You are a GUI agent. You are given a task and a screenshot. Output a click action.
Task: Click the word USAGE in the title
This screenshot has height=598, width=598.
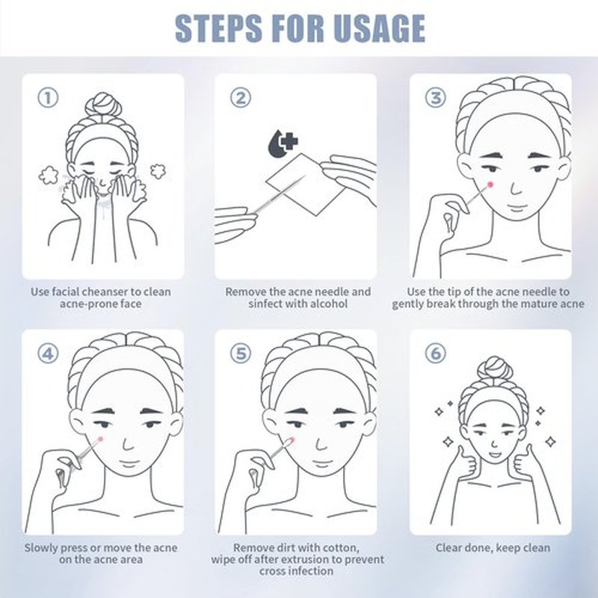[x=379, y=28]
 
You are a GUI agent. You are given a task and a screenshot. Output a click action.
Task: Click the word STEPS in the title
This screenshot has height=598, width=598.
[x=218, y=28]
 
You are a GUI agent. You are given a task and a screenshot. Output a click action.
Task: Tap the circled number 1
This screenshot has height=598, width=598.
[x=48, y=98]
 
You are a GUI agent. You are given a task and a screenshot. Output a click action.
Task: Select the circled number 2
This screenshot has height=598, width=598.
[x=241, y=98]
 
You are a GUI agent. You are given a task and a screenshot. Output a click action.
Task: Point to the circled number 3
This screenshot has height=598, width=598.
[x=436, y=98]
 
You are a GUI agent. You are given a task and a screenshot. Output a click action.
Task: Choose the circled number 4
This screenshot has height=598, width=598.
[x=48, y=354]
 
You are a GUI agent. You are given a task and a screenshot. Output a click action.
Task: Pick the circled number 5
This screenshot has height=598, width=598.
[x=241, y=354]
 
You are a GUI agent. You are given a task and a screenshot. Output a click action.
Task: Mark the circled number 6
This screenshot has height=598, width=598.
[x=436, y=354]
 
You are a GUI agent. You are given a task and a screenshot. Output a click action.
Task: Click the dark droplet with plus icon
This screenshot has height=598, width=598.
[x=283, y=144]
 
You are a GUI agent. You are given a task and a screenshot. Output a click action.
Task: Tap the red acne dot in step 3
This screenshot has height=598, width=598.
[x=490, y=185]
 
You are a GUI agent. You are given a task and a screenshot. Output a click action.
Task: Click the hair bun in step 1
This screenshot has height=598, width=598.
[x=103, y=104]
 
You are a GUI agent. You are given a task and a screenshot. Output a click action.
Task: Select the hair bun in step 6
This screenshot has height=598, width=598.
[x=495, y=368]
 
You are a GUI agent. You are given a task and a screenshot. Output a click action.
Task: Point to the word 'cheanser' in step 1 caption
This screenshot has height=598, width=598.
[x=105, y=292]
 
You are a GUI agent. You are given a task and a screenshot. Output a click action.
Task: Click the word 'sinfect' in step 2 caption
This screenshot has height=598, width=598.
[x=266, y=304]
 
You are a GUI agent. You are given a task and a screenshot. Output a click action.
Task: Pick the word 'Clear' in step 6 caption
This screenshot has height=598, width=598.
[x=449, y=548]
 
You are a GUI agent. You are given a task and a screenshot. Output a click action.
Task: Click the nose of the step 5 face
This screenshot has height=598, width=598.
[x=321, y=443]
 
